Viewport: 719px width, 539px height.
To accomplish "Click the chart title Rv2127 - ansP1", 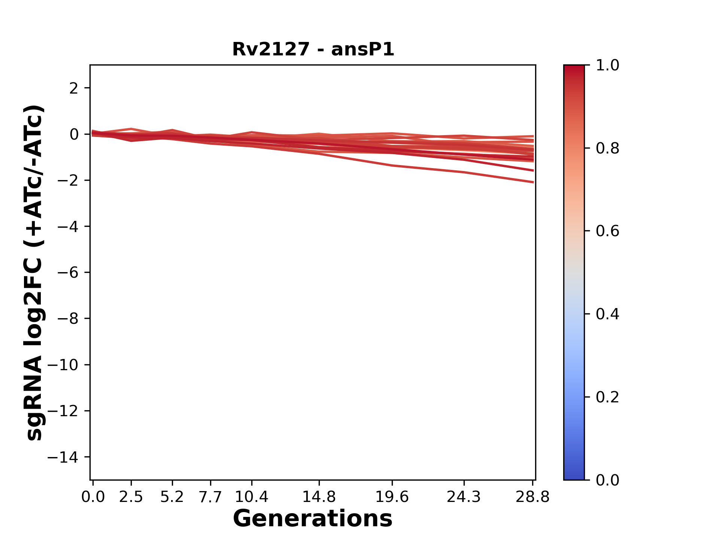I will (313, 49).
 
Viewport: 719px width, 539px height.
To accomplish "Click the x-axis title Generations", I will (313, 519).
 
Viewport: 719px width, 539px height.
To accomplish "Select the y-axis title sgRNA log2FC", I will (34, 272).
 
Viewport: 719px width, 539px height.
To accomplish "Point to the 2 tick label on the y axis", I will (74, 88).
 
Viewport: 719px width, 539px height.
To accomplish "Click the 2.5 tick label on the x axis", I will (131, 497).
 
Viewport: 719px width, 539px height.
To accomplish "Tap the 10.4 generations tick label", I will (251, 497).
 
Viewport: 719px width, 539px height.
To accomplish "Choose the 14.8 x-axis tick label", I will (319, 497).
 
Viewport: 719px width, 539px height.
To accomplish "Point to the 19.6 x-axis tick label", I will (392, 497).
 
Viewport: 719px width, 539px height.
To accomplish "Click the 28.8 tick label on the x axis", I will (533, 497).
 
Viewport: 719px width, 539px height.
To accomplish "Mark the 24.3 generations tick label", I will (464, 497).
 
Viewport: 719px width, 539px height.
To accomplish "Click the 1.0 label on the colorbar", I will (607, 66).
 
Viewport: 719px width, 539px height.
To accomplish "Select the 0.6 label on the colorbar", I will (607, 231).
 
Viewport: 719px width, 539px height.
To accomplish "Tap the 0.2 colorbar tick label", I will (607, 397).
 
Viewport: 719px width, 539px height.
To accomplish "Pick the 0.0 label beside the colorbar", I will (607, 480).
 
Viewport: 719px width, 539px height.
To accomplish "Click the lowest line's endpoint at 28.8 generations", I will (533, 182).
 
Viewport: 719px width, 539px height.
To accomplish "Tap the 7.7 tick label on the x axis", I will (210, 497).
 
